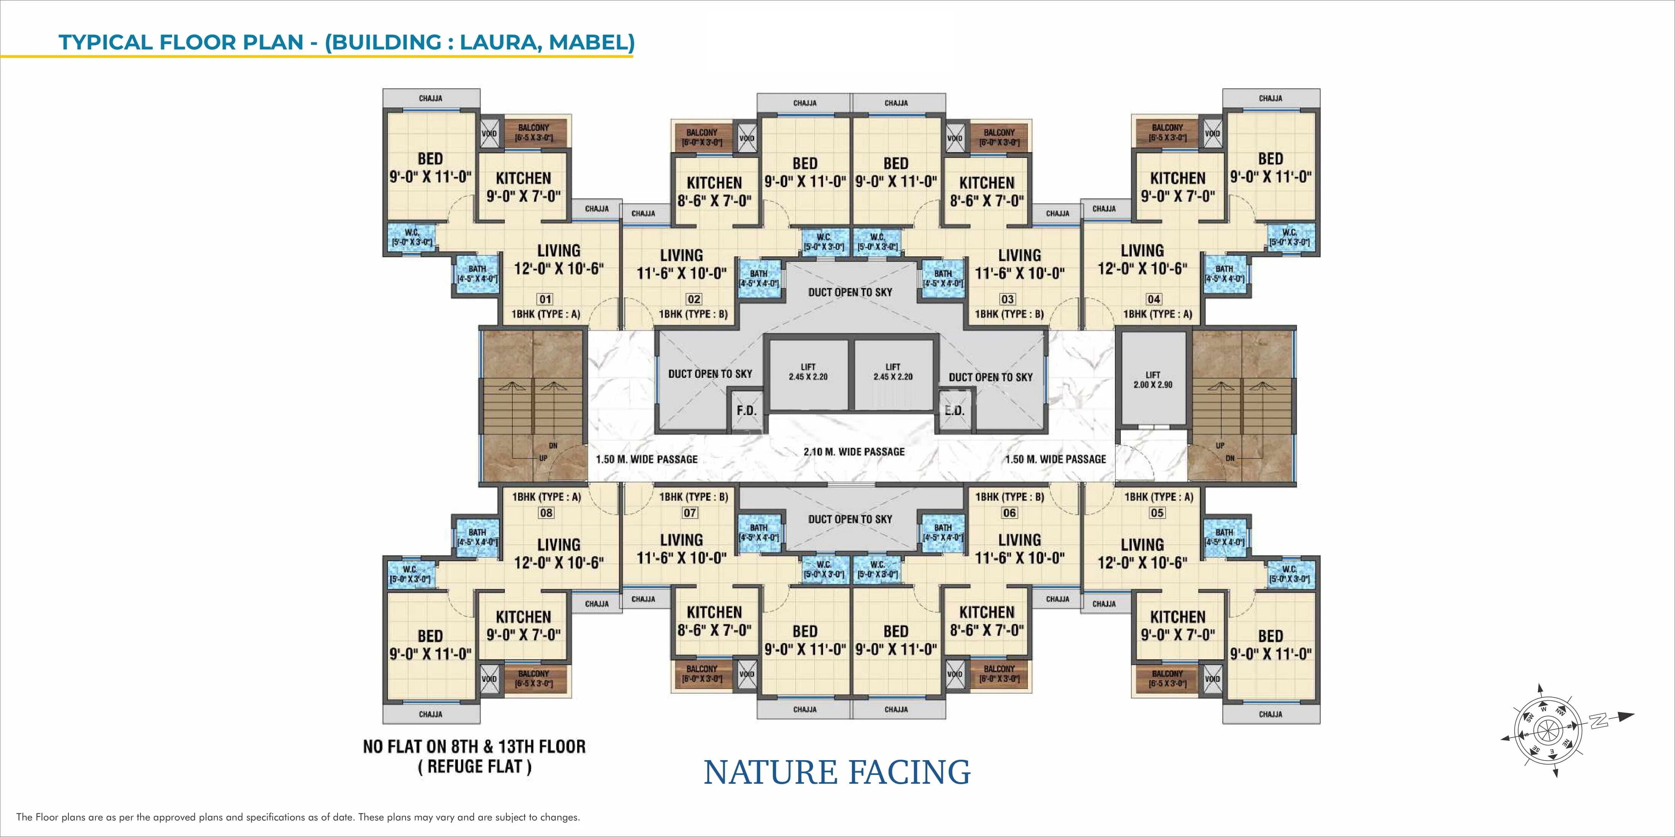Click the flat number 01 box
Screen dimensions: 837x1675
(545, 299)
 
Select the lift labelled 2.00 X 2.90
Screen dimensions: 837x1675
(1152, 380)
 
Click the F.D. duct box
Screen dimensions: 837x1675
(746, 411)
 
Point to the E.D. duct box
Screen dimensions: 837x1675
(954, 411)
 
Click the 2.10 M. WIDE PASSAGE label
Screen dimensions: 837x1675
(854, 452)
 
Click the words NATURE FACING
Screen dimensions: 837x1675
(837, 772)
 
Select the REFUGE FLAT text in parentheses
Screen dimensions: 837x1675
(474, 767)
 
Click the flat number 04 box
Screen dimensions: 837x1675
(1153, 299)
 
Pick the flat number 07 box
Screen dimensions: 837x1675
(690, 513)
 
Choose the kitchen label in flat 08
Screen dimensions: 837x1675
(523, 617)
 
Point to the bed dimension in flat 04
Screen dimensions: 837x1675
(1271, 177)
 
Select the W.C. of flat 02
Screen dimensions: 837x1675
(824, 242)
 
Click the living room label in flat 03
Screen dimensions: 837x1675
(1019, 255)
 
